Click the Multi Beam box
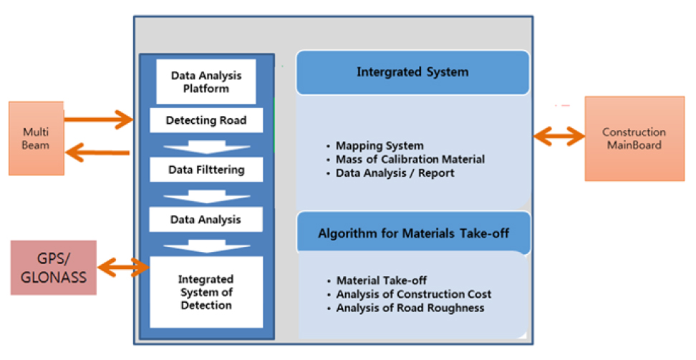point(37,138)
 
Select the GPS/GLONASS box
point(53,268)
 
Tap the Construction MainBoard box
point(634,139)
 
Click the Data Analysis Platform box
point(206,82)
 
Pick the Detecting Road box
point(206,120)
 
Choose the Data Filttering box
point(206,170)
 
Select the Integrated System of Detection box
point(206,292)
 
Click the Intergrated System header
point(413,72)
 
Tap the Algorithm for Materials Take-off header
point(413,233)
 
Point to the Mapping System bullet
point(375,145)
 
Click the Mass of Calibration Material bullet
point(405,160)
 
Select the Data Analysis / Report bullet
point(390,173)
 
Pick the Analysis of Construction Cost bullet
point(410,294)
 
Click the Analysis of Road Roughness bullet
point(406,308)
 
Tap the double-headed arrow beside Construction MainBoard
point(559,136)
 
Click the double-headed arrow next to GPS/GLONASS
point(124,267)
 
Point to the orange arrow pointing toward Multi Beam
point(97,152)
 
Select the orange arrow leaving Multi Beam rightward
point(99,119)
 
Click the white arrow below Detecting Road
point(206,147)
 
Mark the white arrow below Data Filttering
point(206,197)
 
